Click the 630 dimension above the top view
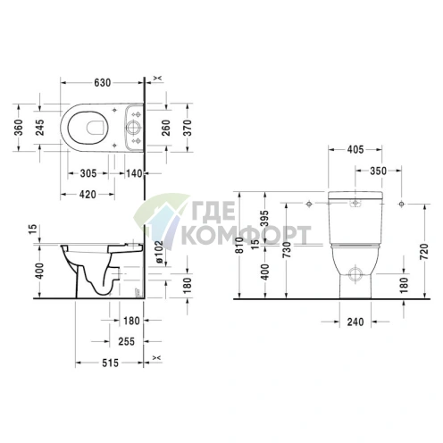pos(102,83)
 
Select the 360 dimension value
pos(19,128)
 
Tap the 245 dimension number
pos(39,128)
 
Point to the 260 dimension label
pos(166,128)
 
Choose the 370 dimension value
pos(188,128)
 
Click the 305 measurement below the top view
pos(88,173)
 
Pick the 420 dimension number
pos(88,195)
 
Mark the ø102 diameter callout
pos(159,252)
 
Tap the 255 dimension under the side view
pos(127,341)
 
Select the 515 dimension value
pos(110,363)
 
